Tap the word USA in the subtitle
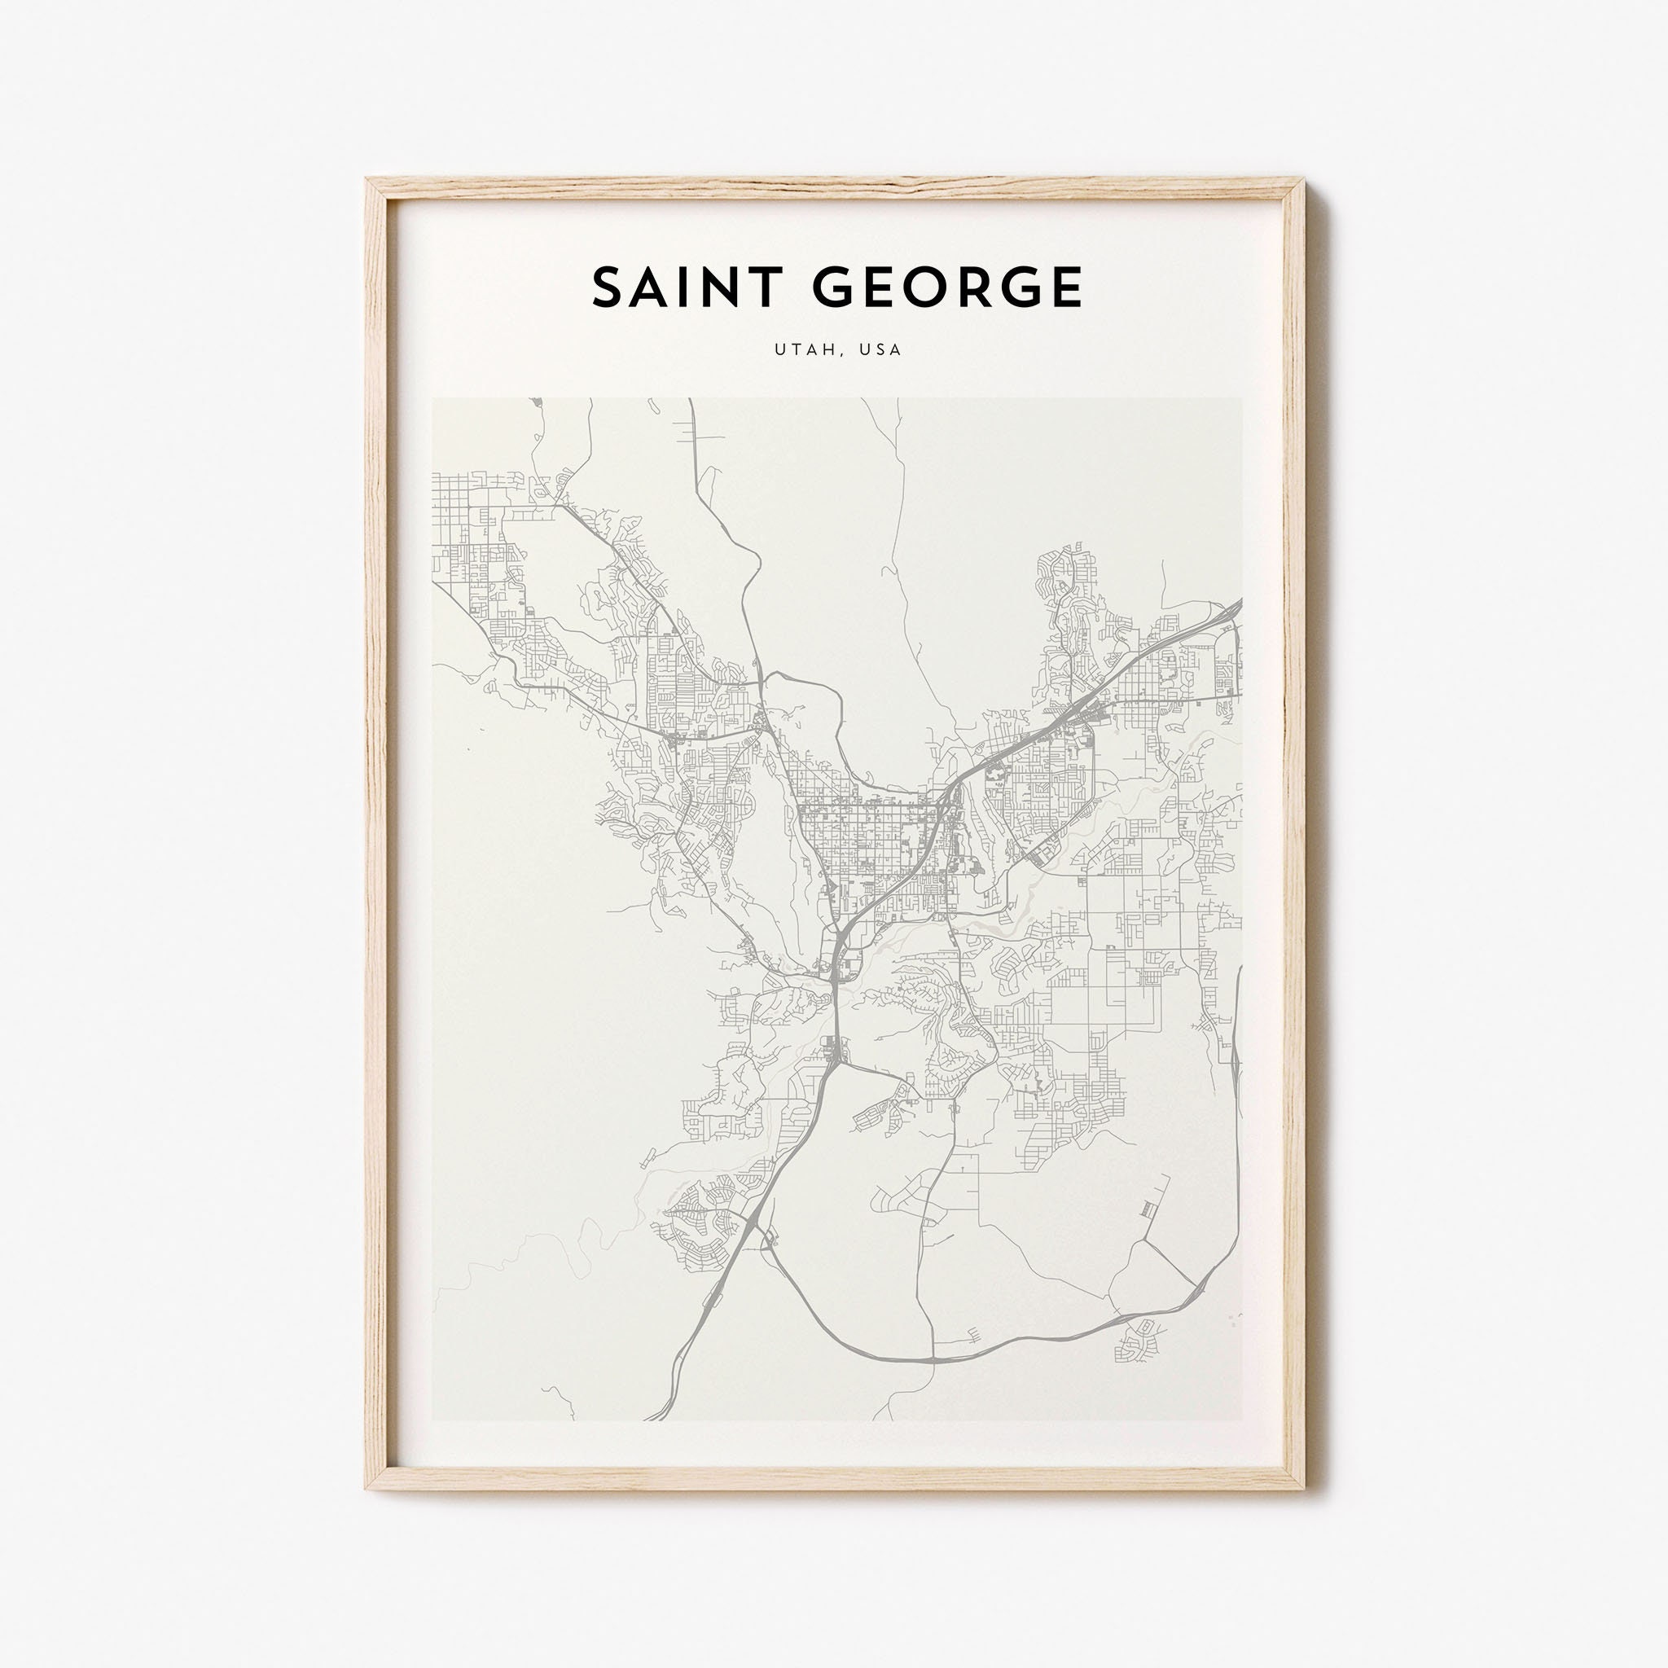881,349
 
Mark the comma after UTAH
832,354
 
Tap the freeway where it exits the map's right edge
1239,603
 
